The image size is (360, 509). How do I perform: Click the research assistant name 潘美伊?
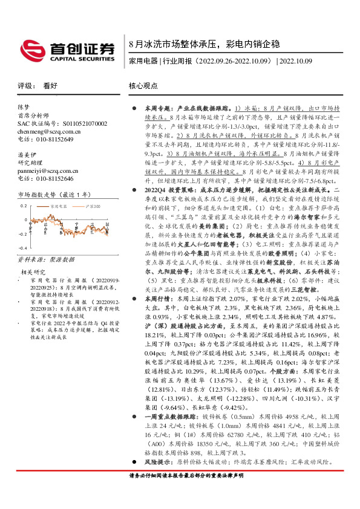click(25, 155)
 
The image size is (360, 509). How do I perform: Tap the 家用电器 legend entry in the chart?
click(57, 206)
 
